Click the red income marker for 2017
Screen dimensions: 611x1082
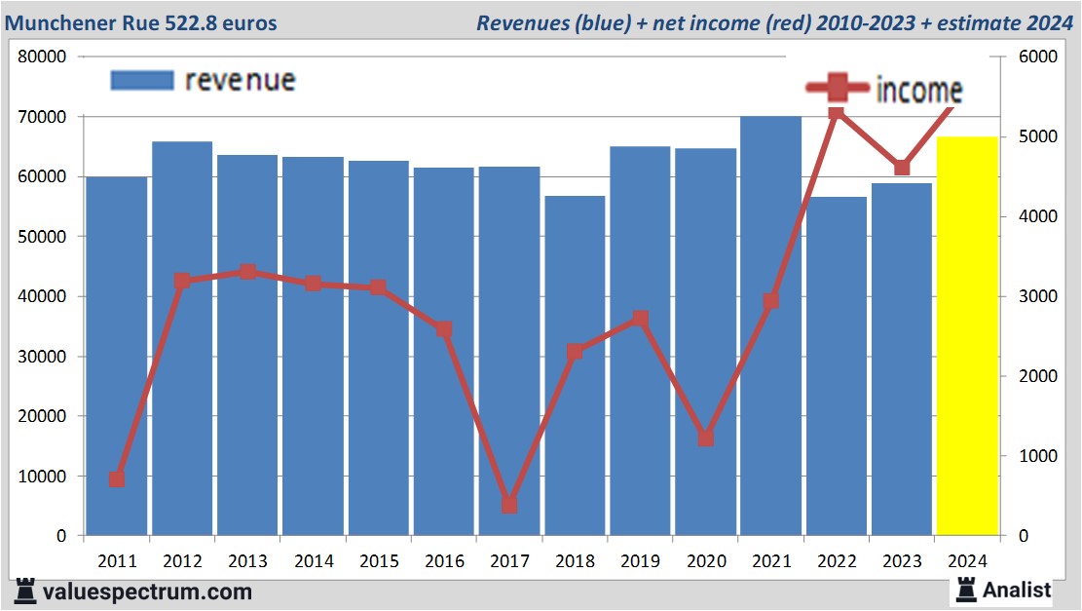[x=509, y=505]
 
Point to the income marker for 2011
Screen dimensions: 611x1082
[x=117, y=479]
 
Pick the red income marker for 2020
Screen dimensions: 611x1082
[x=705, y=438]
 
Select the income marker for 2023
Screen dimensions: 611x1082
[x=902, y=168]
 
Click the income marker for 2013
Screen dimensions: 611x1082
[x=247, y=272]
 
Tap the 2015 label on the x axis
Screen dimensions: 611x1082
[x=379, y=561]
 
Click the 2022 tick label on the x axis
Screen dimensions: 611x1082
[x=837, y=561]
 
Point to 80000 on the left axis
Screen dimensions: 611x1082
[x=42, y=57]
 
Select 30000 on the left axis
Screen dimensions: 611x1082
[x=42, y=357]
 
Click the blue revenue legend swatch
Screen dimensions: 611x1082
[x=142, y=80]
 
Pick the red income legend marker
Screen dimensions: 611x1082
[x=837, y=89]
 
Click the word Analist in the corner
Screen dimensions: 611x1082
[x=1017, y=590]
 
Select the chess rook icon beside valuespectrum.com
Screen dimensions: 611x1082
[x=26, y=591]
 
